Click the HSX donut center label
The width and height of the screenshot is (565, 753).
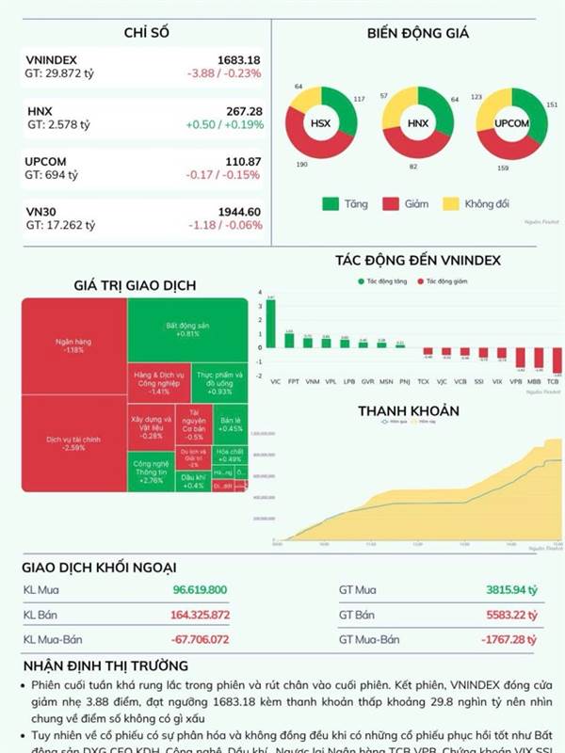(321, 123)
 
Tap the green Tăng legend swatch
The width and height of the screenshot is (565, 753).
(331, 203)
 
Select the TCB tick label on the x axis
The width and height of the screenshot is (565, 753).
(554, 382)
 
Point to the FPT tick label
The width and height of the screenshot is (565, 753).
(293, 382)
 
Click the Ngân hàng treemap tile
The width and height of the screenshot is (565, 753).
(73, 345)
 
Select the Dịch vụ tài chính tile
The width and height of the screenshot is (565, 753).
(73, 443)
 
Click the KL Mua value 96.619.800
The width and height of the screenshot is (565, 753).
(200, 590)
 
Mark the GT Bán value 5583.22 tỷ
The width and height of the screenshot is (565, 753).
(510, 614)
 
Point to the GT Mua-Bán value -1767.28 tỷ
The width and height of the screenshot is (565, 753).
(505, 638)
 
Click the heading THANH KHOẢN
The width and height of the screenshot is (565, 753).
(408, 411)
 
